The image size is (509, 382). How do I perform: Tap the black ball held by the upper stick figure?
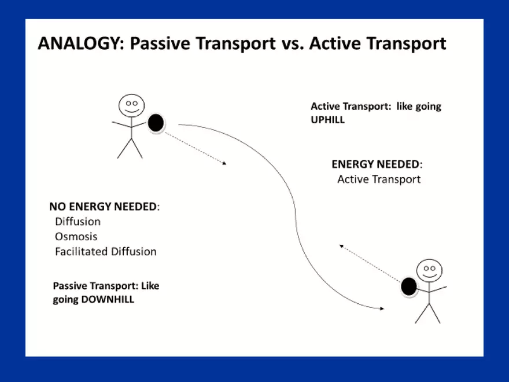[x=156, y=123]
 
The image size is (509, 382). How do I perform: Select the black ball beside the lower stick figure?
[x=409, y=286]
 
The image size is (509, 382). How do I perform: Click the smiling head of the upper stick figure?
[x=131, y=106]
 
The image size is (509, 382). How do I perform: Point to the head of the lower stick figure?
[x=429, y=270]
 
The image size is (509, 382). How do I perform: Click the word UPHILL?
[x=327, y=120]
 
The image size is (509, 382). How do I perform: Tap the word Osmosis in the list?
[x=76, y=237]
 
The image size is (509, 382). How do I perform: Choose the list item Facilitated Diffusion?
[x=105, y=252]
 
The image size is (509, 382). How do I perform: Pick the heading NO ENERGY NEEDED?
[x=103, y=207]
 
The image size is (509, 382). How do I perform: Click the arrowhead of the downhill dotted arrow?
[x=224, y=164]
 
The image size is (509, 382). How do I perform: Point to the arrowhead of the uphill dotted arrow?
[x=342, y=246]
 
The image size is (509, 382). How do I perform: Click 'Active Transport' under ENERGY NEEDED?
[x=379, y=179]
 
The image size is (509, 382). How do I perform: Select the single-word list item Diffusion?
[x=78, y=222]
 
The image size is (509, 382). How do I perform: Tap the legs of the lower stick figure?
[x=427, y=313]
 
